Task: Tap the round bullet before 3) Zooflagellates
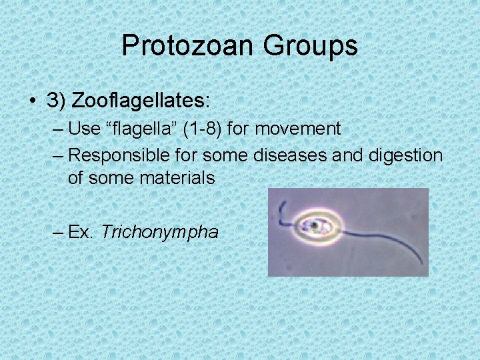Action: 33,101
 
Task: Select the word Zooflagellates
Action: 141,101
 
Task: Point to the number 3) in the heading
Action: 55,101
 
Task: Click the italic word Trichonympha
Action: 160,232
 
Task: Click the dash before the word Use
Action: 58,128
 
